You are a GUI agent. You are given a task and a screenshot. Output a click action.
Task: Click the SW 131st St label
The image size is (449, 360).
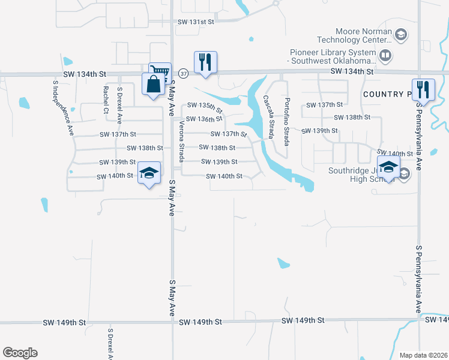pyautogui.click(x=196, y=22)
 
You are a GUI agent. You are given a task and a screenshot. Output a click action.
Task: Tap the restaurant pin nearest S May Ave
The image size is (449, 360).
pyautogui.click(x=205, y=62)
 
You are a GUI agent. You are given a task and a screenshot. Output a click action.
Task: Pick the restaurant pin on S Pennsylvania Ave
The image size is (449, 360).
pyautogui.click(x=423, y=90)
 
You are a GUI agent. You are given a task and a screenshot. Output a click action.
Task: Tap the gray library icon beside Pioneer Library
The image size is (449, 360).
pyautogui.click(x=385, y=56)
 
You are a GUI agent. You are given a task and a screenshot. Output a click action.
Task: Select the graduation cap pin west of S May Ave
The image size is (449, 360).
pyautogui.click(x=149, y=173)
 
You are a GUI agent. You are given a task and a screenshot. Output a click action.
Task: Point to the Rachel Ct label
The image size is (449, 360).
pyautogui.click(x=106, y=99)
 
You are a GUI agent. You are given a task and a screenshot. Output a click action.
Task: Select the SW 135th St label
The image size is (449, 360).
pyautogui.click(x=204, y=107)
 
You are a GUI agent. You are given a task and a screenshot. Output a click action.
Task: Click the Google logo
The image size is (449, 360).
pyautogui.click(x=20, y=353)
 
